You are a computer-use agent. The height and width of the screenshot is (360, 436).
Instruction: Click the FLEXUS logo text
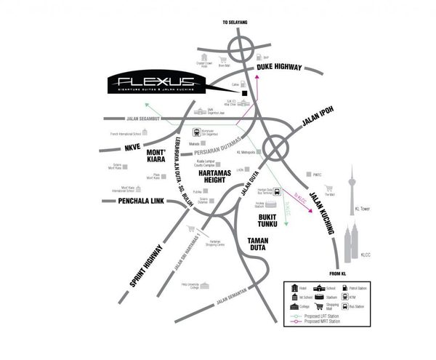click(x=157, y=79)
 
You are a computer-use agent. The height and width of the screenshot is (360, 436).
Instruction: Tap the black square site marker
click(x=246, y=94)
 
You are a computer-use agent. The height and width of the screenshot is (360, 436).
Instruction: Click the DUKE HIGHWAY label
click(x=278, y=67)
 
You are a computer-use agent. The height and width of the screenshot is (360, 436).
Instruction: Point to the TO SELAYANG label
click(x=235, y=23)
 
